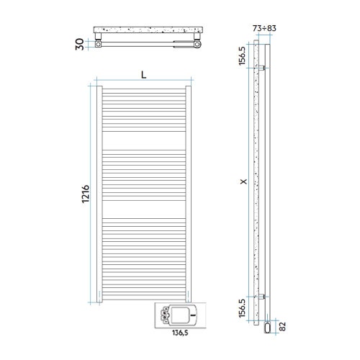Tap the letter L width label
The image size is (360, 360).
(144, 74)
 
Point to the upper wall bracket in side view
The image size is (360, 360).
(266, 68)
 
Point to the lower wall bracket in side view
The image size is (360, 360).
(266, 296)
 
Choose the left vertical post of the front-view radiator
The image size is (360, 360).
(99, 194)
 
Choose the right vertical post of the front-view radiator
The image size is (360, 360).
(189, 194)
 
